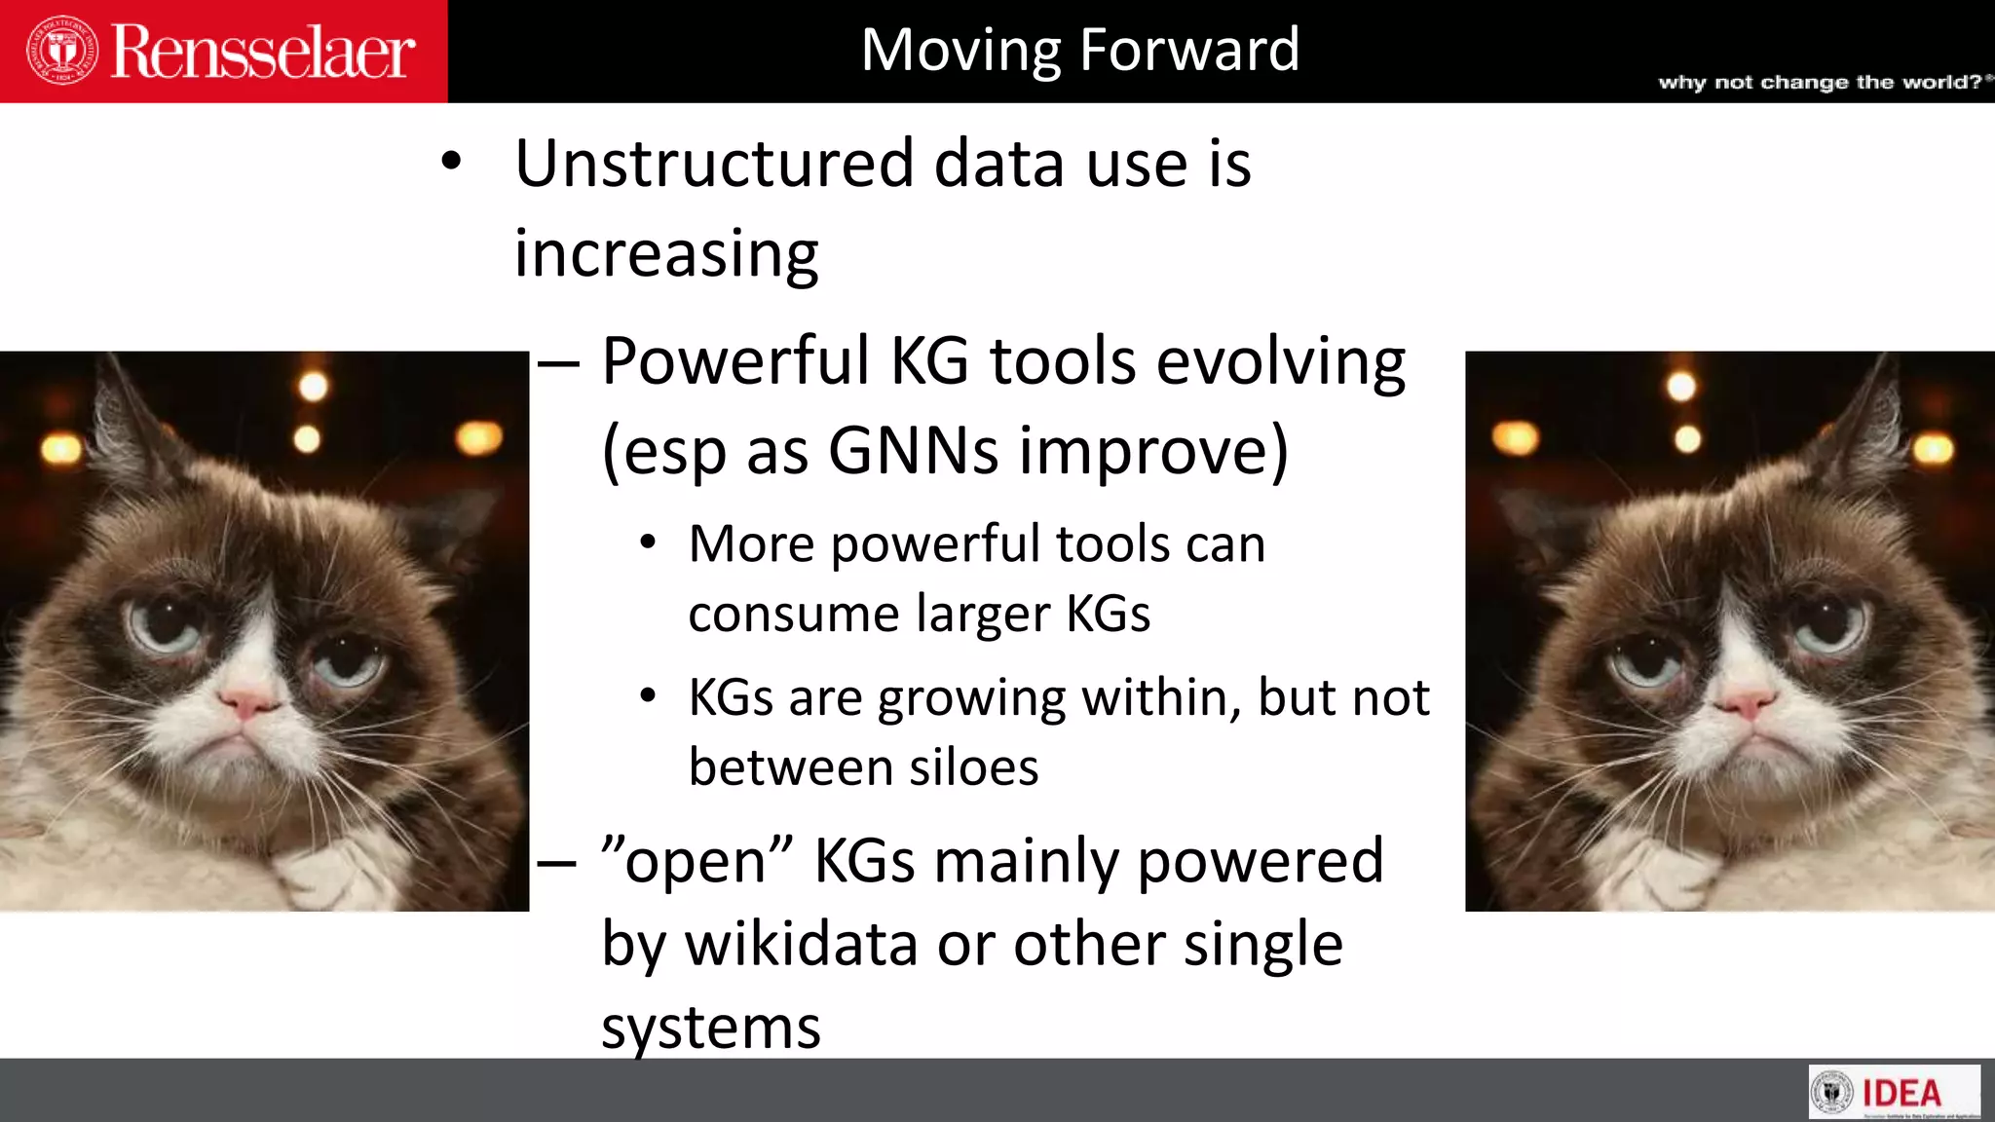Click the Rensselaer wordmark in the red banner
[x=263, y=52]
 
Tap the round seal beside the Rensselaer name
[x=62, y=50]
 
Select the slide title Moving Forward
[x=1080, y=50]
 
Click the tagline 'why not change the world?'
[x=1820, y=82]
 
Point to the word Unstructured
[x=714, y=164]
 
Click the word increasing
[x=666, y=254]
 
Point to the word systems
[x=711, y=1028]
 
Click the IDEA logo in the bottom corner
[x=1894, y=1092]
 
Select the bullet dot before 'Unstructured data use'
[x=450, y=162]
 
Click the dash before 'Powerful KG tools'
[x=558, y=364]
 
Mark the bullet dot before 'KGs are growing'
[x=648, y=696]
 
